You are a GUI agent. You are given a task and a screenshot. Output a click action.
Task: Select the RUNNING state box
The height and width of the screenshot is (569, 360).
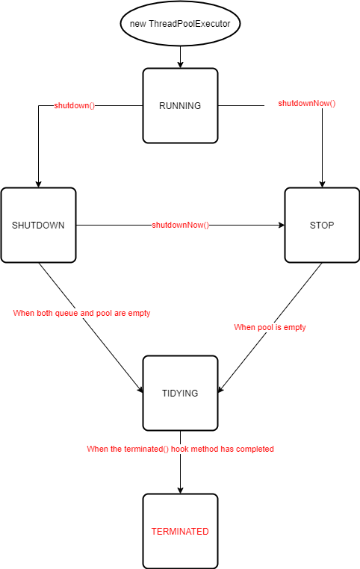(x=180, y=106)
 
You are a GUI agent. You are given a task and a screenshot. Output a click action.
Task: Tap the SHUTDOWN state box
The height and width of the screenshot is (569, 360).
(x=38, y=225)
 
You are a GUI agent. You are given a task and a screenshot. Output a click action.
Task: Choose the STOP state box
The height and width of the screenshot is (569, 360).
(x=321, y=225)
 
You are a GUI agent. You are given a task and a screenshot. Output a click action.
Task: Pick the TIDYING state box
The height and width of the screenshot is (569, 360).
(x=180, y=393)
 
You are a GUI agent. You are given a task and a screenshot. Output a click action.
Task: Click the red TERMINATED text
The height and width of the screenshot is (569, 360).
(x=180, y=532)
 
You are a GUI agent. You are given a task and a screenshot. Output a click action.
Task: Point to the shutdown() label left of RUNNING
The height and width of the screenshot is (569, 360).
(x=75, y=105)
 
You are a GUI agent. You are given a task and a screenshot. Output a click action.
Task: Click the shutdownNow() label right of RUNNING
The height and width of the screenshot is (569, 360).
(x=307, y=102)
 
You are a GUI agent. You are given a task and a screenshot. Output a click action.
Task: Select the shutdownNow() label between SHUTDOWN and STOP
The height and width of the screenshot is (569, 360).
(x=180, y=225)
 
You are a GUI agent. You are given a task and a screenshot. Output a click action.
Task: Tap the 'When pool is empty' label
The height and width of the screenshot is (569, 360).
(x=270, y=327)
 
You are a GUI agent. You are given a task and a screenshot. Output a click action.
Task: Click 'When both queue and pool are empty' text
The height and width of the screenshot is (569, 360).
(x=81, y=313)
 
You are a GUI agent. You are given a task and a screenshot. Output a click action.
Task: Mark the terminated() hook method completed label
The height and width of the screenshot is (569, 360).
(x=180, y=449)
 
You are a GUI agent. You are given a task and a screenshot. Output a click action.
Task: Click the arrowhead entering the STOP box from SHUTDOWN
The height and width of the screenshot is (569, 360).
(x=280, y=225)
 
